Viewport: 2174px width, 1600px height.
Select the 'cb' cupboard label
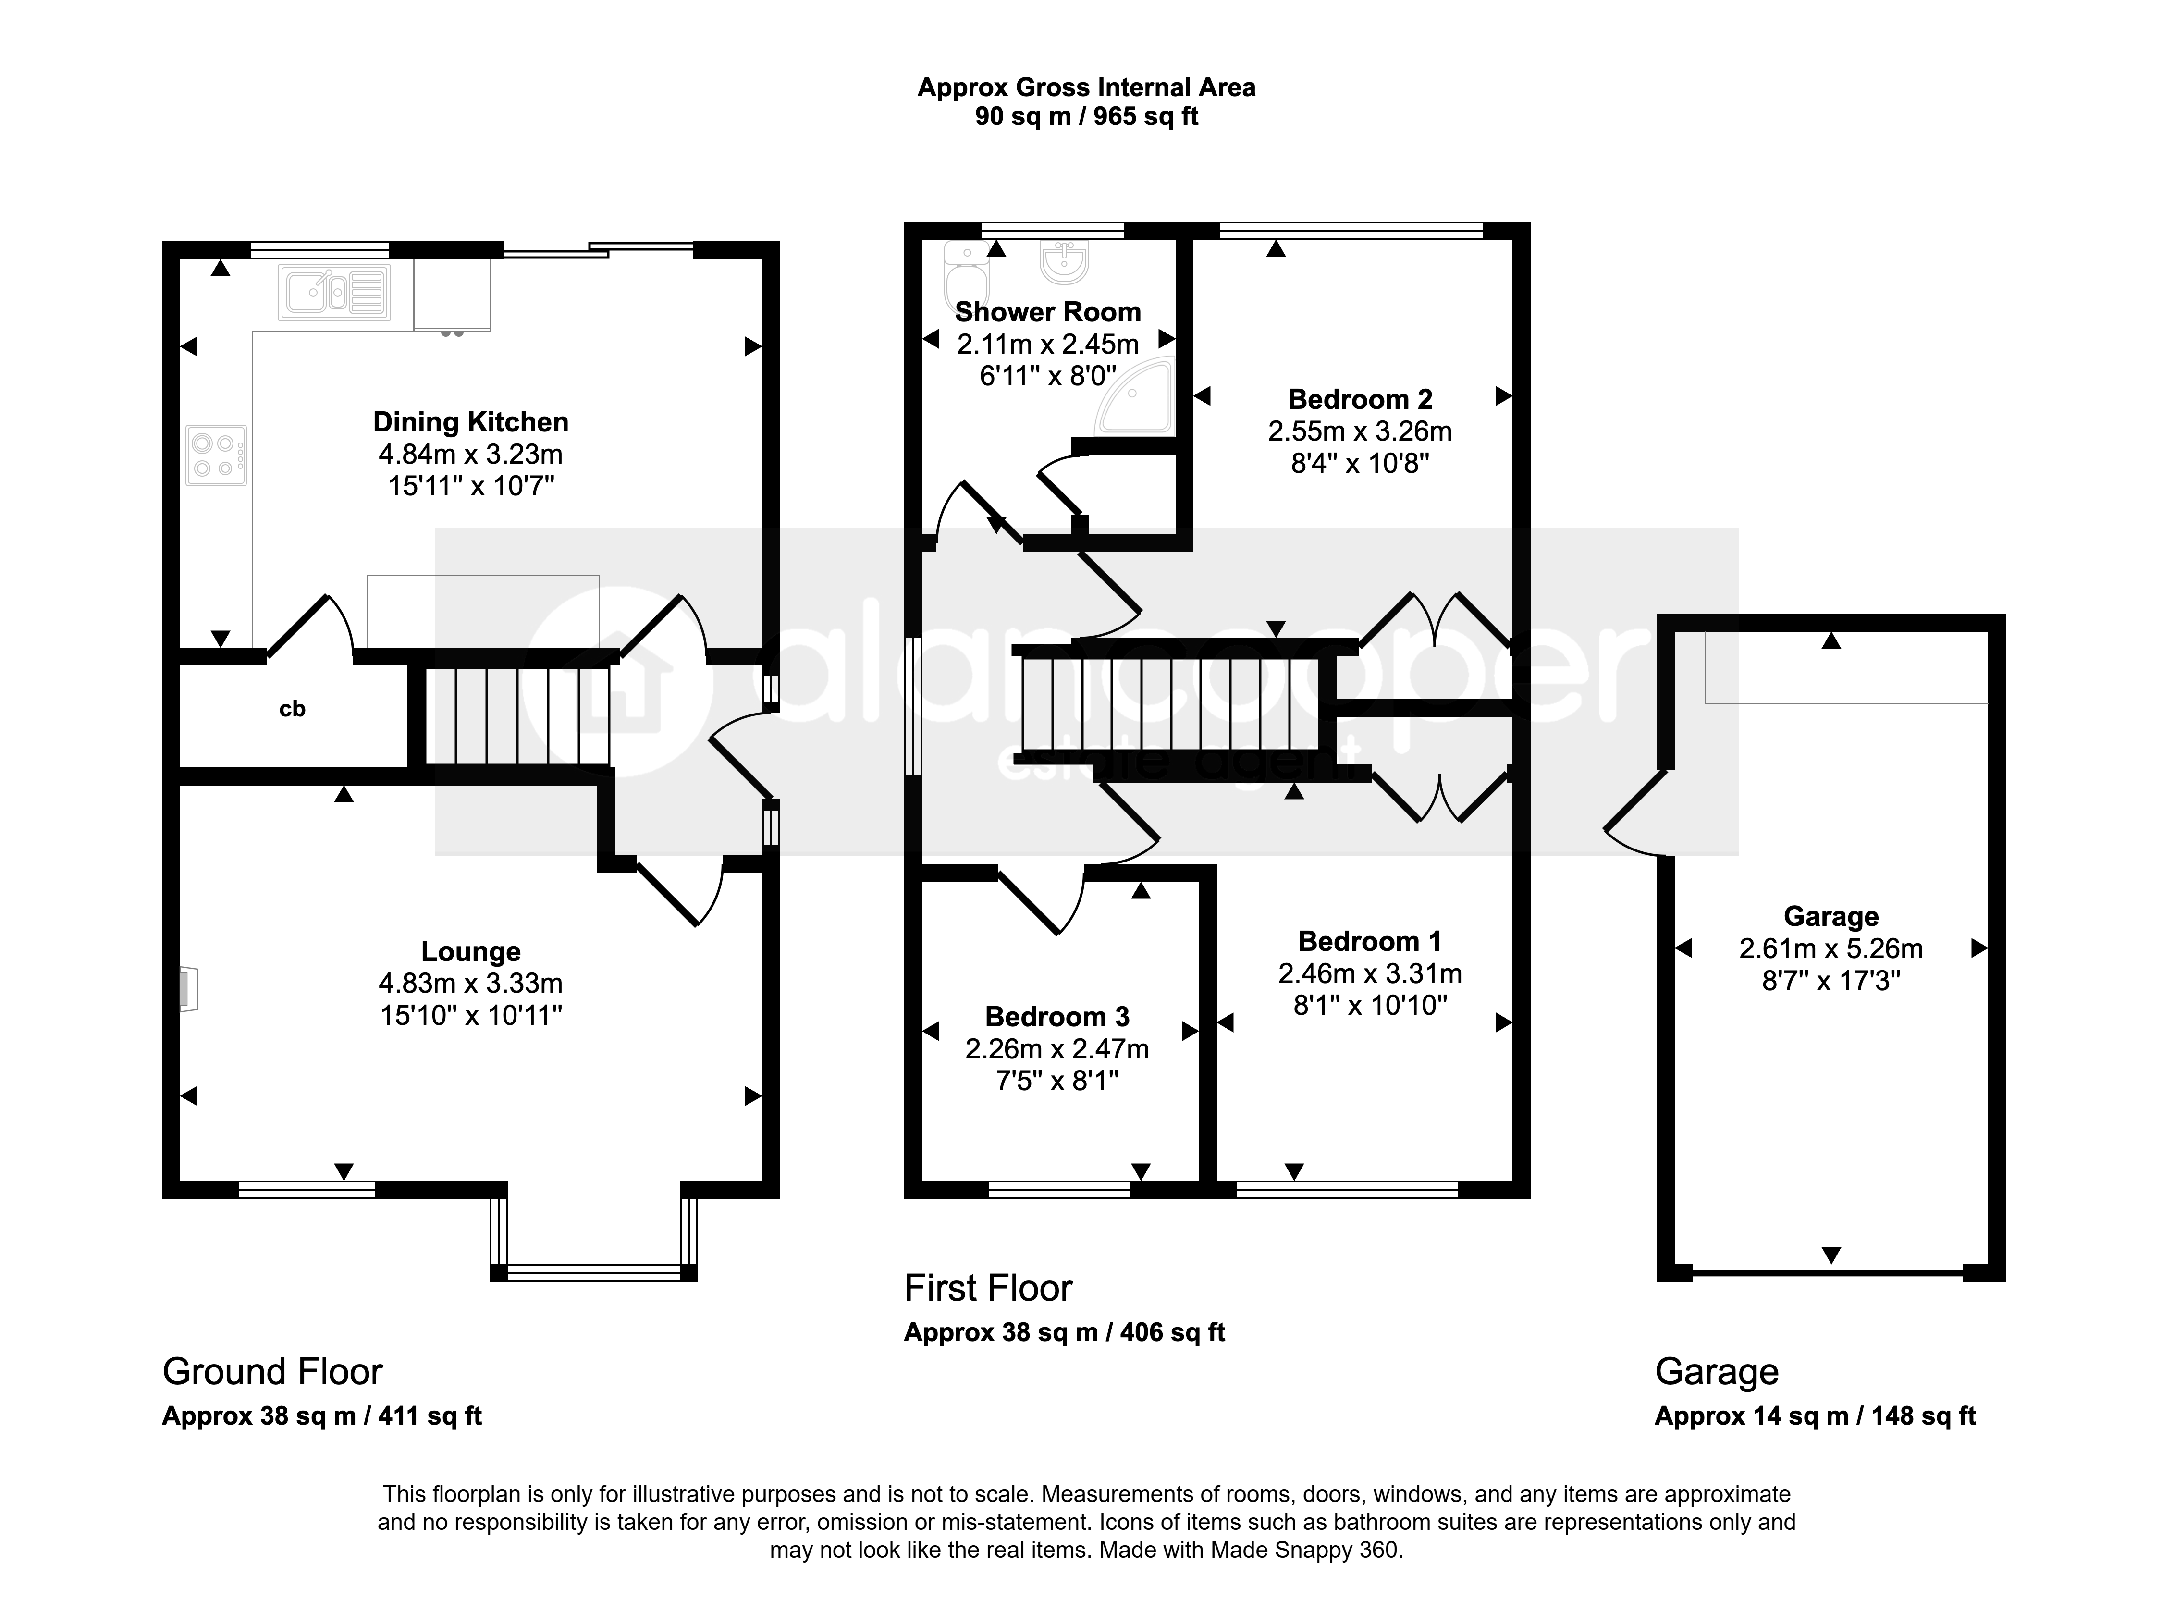pyautogui.click(x=293, y=709)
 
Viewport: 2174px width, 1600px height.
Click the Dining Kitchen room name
pyautogui.click(x=471, y=422)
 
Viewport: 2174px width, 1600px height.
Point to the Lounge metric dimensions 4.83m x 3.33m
pyautogui.click(x=471, y=983)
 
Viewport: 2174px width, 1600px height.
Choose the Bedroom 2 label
pyautogui.click(x=1360, y=399)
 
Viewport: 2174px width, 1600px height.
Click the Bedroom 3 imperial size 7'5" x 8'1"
pyautogui.click(x=1057, y=1080)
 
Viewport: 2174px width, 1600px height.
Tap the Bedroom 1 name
pyautogui.click(x=1369, y=941)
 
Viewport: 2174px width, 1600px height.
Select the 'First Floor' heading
pyautogui.click(x=988, y=1288)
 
